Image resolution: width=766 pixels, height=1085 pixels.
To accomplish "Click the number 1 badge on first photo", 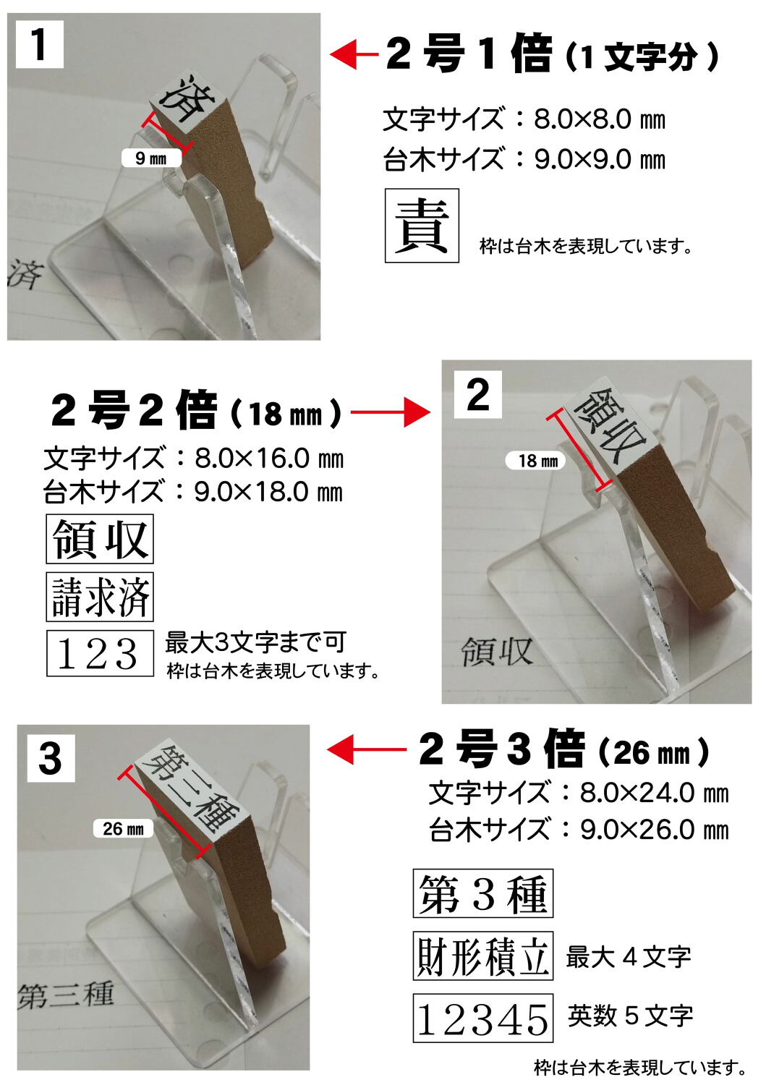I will coord(40,45).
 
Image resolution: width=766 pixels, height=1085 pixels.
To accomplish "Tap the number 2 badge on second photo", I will coord(477,395).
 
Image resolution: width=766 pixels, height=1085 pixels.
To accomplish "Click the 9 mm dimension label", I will coord(150,158).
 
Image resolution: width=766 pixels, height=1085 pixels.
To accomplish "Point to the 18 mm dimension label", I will coord(538,461).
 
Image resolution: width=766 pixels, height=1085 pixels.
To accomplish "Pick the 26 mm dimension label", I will coord(123,828).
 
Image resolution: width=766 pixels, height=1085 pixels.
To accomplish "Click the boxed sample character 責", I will coord(422,226).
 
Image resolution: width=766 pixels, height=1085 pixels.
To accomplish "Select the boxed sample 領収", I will coord(100,539).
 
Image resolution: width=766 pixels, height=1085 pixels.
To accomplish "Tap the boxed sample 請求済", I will coord(100,597).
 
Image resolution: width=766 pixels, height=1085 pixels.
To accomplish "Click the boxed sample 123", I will coord(100,653).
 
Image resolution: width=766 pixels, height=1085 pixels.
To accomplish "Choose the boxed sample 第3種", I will coord(482,893).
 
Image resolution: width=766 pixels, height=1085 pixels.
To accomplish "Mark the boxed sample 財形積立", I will coord(482,956).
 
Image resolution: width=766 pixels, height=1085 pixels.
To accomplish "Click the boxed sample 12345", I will coord(482,1018).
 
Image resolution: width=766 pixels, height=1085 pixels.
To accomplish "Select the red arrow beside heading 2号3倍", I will coord(365,749).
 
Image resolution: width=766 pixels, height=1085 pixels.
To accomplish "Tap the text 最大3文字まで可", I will coord(255,642).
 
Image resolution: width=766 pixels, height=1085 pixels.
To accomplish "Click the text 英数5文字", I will coord(630,1016).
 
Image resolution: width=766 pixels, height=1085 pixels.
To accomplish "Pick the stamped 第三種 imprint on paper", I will coord(66,995).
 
